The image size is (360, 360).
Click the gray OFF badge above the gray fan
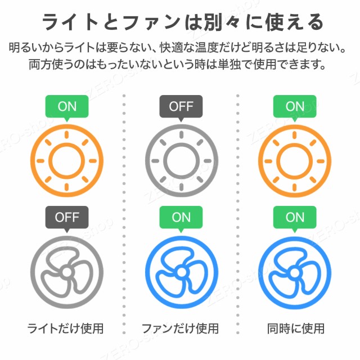[67, 217]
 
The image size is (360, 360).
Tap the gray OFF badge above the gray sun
[181, 106]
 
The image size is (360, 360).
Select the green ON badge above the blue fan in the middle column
[181, 217]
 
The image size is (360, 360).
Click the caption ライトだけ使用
[65, 328]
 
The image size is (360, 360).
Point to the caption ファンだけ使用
[180, 328]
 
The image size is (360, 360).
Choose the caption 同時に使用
[296, 328]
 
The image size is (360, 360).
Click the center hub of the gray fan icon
[67, 272]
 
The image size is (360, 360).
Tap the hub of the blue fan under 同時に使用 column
[295, 273]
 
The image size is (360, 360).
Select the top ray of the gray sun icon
[181, 134]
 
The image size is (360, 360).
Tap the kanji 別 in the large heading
[213, 22]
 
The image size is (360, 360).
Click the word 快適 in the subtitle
[171, 47]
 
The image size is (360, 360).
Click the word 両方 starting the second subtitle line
[40, 64]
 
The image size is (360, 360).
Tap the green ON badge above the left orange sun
[67, 106]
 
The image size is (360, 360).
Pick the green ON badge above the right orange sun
[295, 106]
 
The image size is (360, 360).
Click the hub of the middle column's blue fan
[181, 272]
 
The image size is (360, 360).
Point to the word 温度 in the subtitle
[206, 47]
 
